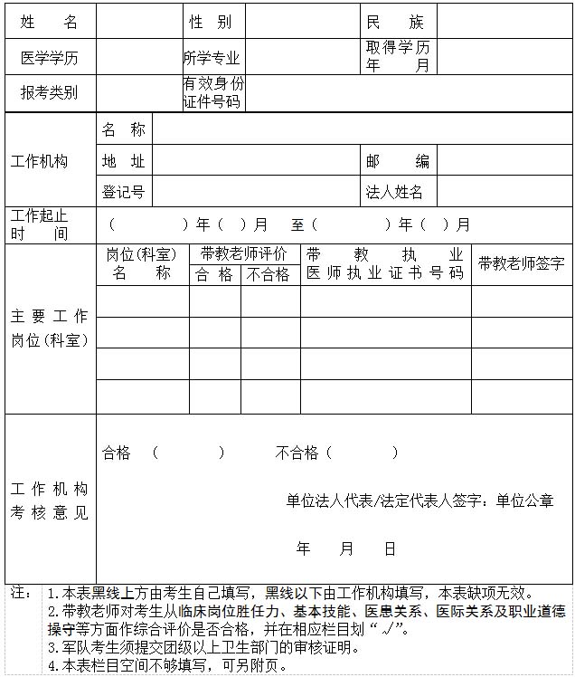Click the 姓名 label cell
(49, 23)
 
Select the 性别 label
(210, 23)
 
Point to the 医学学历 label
(49, 58)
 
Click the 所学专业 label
(212, 58)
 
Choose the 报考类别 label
(49, 92)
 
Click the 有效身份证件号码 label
(213, 92)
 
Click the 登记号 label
(123, 192)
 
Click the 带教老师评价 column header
(244, 253)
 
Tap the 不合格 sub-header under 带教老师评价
(269, 274)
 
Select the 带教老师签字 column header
(521, 263)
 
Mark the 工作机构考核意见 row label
(49, 501)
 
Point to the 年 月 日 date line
(346, 548)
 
